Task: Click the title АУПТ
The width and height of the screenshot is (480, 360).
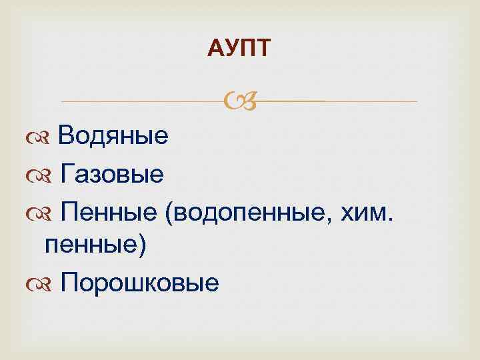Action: tap(239, 48)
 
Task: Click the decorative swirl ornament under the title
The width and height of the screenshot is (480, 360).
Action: tap(239, 101)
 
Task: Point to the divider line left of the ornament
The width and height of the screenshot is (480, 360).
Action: tap(140, 101)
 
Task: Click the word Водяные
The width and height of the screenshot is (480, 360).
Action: tap(113, 137)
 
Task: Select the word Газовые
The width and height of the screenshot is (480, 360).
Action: tap(112, 175)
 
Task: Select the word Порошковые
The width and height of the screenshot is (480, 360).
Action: tap(139, 283)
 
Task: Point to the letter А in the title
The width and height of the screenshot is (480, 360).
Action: tap(214, 48)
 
